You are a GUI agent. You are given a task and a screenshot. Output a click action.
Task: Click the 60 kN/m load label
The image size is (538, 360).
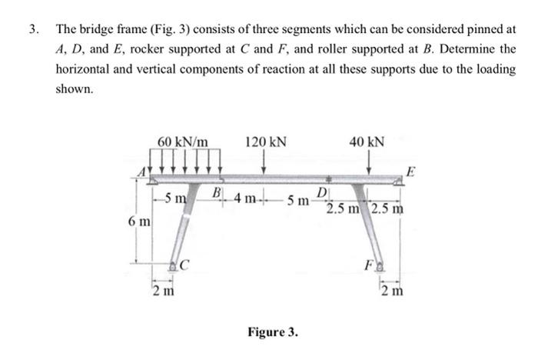pos(183,142)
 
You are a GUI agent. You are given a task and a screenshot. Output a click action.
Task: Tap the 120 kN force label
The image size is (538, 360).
pos(266,142)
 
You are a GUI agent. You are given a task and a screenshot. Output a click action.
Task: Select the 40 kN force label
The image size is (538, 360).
pos(367,142)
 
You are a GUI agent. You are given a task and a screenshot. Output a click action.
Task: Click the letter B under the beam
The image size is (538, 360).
pos(218,192)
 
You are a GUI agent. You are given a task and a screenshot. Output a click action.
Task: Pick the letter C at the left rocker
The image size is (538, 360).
pos(185,268)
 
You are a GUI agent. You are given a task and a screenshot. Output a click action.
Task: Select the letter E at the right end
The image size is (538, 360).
pos(411,170)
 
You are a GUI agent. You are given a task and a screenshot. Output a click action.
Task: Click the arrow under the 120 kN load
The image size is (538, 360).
pos(264,163)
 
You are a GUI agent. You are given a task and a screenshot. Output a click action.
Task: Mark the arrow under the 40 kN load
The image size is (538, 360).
pos(370,163)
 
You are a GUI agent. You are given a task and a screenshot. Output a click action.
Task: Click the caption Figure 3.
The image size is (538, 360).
pos(273,333)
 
